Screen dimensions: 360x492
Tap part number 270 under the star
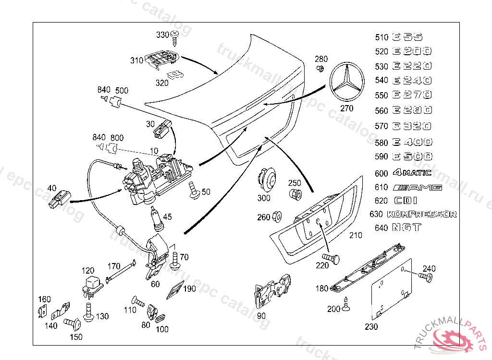(x=346, y=108)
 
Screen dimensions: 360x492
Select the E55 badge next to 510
(x=407, y=37)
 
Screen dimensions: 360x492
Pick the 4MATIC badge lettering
(x=412, y=173)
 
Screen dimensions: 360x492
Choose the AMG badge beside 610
(x=417, y=187)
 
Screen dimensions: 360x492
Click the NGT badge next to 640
(x=406, y=228)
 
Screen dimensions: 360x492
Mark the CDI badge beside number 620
(x=406, y=201)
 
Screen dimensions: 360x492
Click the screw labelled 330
(x=175, y=35)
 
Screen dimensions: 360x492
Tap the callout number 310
(x=136, y=60)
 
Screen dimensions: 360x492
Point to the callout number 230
(x=371, y=327)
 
